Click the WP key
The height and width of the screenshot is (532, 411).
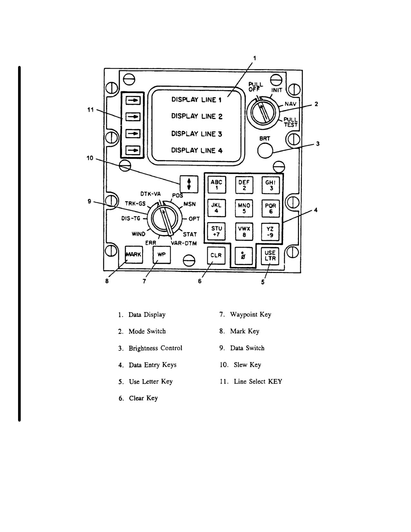tap(161, 255)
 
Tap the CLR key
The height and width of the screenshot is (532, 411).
tap(216, 255)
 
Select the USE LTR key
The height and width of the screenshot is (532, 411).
tap(270, 256)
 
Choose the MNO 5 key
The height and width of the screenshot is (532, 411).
tap(244, 208)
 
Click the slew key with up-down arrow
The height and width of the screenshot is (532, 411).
tap(189, 184)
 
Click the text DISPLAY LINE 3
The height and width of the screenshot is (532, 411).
tap(197, 134)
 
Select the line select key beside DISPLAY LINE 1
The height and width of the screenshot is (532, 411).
tap(133, 100)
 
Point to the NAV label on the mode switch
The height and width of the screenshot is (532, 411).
tap(290, 104)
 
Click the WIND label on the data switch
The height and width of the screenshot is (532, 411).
tap(139, 234)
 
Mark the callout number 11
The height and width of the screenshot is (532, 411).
tap(91, 110)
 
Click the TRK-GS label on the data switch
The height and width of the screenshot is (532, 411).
tap(135, 204)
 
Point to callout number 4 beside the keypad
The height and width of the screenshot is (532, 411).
tap(316, 210)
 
